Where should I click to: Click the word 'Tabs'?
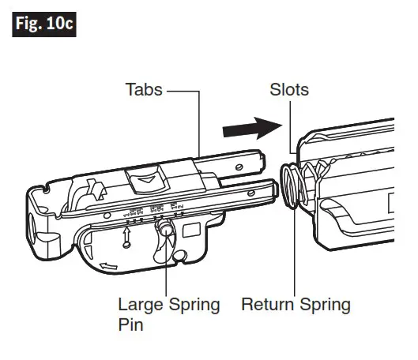coord(144,89)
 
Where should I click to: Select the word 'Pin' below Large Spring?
coord(131,324)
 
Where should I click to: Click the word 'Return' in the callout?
coord(266,305)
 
